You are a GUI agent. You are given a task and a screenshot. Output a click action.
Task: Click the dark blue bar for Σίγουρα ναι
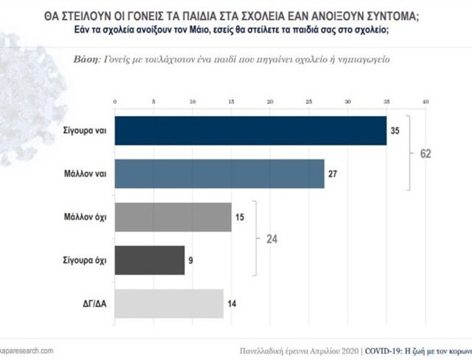[x=251, y=131]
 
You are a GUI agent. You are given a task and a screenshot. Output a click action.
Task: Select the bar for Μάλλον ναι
[x=219, y=173]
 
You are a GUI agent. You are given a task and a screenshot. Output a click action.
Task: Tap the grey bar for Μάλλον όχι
[x=173, y=217]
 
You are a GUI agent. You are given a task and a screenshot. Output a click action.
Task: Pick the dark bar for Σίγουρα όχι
[x=149, y=260]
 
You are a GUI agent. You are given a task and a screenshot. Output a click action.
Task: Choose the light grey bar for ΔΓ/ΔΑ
[x=169, y=303]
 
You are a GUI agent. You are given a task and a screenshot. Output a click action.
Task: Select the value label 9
[x=192, y=260]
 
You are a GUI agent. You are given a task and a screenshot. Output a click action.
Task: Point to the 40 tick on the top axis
[x=425, y=100]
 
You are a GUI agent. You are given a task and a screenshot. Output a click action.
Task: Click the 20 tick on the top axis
[x=270, y=100]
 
